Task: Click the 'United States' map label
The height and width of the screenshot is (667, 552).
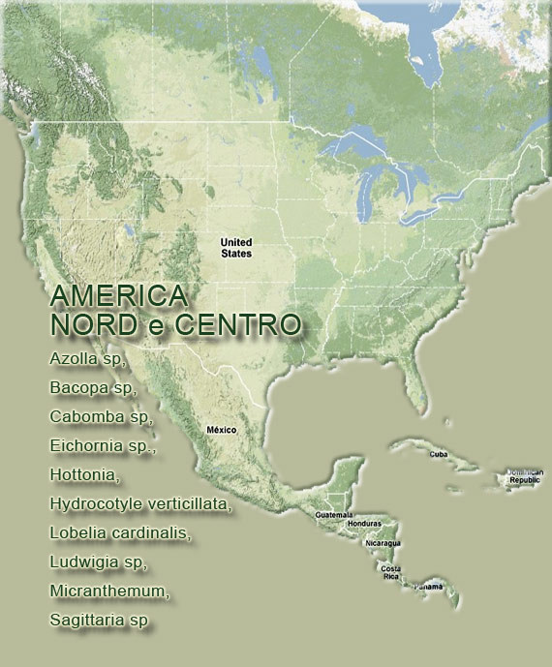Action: tap(235, 248)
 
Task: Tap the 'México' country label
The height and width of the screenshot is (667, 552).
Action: tap(221, 429)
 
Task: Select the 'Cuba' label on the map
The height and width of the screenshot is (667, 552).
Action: tap(439, 453)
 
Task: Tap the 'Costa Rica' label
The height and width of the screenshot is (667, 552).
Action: tap(390, 572)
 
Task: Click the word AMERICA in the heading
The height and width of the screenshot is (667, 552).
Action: tap(118, 295)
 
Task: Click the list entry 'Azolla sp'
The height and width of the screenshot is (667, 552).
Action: tap(87, 358)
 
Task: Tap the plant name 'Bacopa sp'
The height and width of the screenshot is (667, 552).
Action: tap(92, 388)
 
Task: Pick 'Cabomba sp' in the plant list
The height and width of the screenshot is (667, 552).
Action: tap(101, 417)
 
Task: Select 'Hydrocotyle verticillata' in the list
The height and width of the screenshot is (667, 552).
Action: tap(141, 504)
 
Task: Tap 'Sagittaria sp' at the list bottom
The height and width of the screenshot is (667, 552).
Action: tap(99, 621)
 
